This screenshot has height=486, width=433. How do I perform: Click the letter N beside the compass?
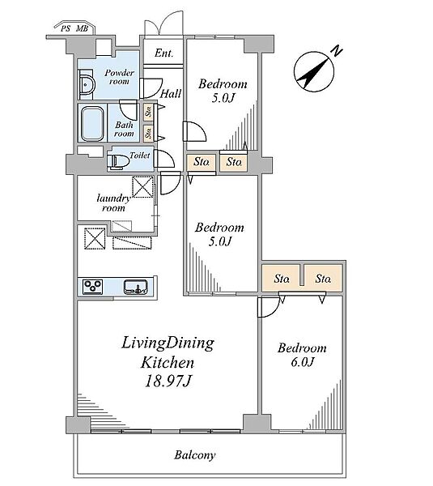click(337, 51)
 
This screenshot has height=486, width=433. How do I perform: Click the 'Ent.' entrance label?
click(163, 53)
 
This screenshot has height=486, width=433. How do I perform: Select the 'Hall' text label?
click(171, 93)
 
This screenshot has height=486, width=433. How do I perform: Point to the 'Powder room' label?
click(119, 77)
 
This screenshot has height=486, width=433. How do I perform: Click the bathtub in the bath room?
click(92, 124)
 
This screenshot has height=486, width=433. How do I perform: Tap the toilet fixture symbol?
click(117, 161)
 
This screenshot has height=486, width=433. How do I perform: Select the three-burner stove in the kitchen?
click(92, 287)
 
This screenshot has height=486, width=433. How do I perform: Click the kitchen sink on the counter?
click(135, 287)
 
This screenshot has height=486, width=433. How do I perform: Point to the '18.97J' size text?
click(168, 382)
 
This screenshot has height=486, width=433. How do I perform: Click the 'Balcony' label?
click(195, 455)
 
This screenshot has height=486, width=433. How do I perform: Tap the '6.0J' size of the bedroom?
click(303, 362)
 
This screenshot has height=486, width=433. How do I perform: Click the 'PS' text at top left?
click(66, 29)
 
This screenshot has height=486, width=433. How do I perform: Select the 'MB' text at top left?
click(82, 29)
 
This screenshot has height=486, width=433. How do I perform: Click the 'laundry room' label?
click(113, 203)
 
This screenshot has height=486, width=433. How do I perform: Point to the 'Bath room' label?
click(124, 130)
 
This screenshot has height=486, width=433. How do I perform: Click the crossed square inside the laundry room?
click(142, 186)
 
